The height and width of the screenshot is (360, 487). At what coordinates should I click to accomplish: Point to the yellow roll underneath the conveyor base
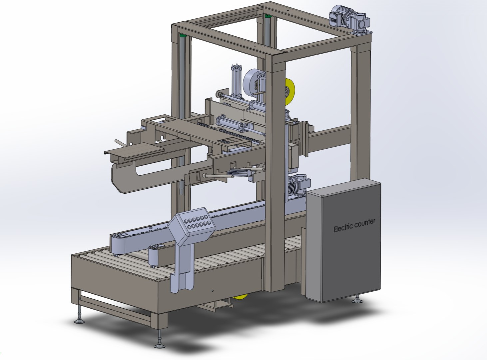[241, 297]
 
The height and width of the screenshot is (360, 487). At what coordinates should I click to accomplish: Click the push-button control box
[192, 222]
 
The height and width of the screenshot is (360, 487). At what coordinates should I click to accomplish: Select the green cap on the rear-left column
[182, 35]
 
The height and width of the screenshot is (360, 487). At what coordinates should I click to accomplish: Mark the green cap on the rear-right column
[267, 16]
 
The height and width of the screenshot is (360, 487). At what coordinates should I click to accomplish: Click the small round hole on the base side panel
[213, 291]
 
